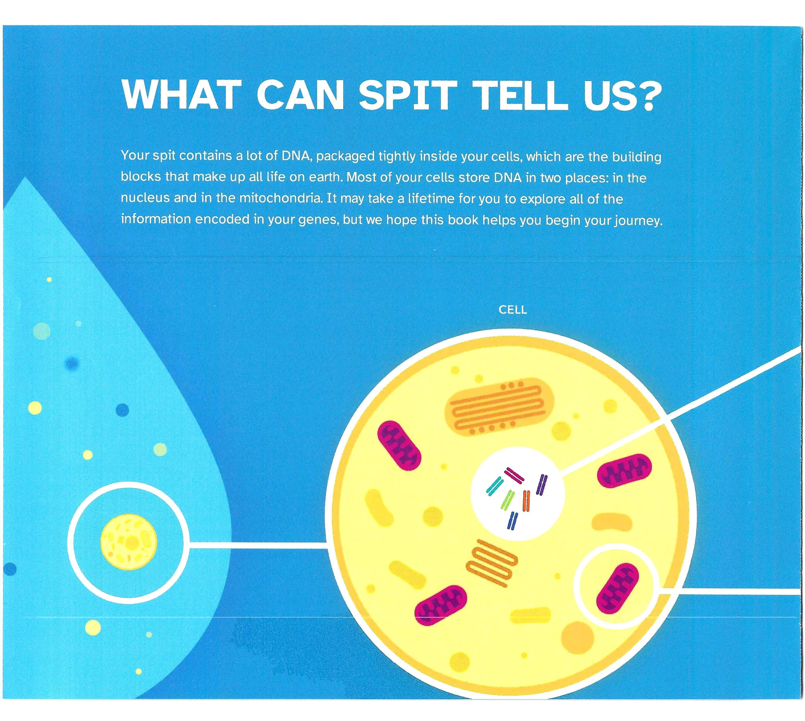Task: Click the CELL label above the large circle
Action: pyautogui.click(x=512, y=310)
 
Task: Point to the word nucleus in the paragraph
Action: pyautogui.click(x=145, y=198)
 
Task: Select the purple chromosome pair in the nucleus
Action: pyautogui.click(x=542, y=484)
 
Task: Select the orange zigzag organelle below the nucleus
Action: pyautogui.click(x=491, y=562)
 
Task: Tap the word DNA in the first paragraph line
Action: pyautogui.click(x=295, y=156)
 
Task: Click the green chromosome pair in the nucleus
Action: pyautogui.click(x=508, y=500)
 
